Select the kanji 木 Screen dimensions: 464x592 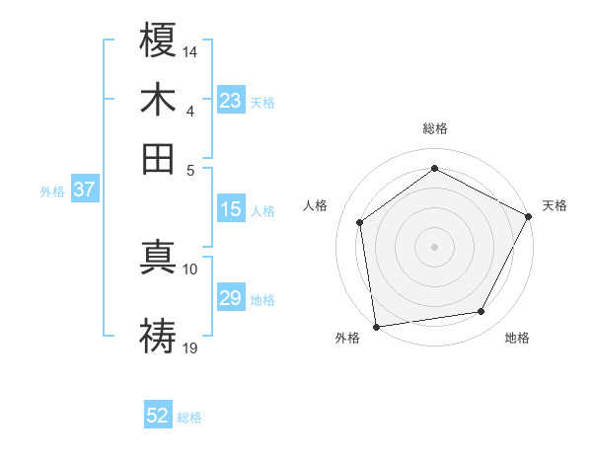158,100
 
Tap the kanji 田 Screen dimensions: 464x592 158,158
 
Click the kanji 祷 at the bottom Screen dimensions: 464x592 158,335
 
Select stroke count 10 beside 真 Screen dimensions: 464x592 190,269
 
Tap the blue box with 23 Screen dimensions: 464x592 230,100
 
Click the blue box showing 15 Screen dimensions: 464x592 230,209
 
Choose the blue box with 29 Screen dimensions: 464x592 230,298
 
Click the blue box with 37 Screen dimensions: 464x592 84,190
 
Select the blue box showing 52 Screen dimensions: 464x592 158,416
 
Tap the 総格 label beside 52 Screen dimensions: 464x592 189,418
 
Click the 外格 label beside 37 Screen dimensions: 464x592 52,192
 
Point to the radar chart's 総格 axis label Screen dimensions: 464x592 434,129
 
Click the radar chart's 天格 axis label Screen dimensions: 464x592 555,205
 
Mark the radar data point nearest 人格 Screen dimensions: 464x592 360,222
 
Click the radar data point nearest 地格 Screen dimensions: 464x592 481,312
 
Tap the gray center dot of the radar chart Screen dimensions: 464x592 434,246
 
